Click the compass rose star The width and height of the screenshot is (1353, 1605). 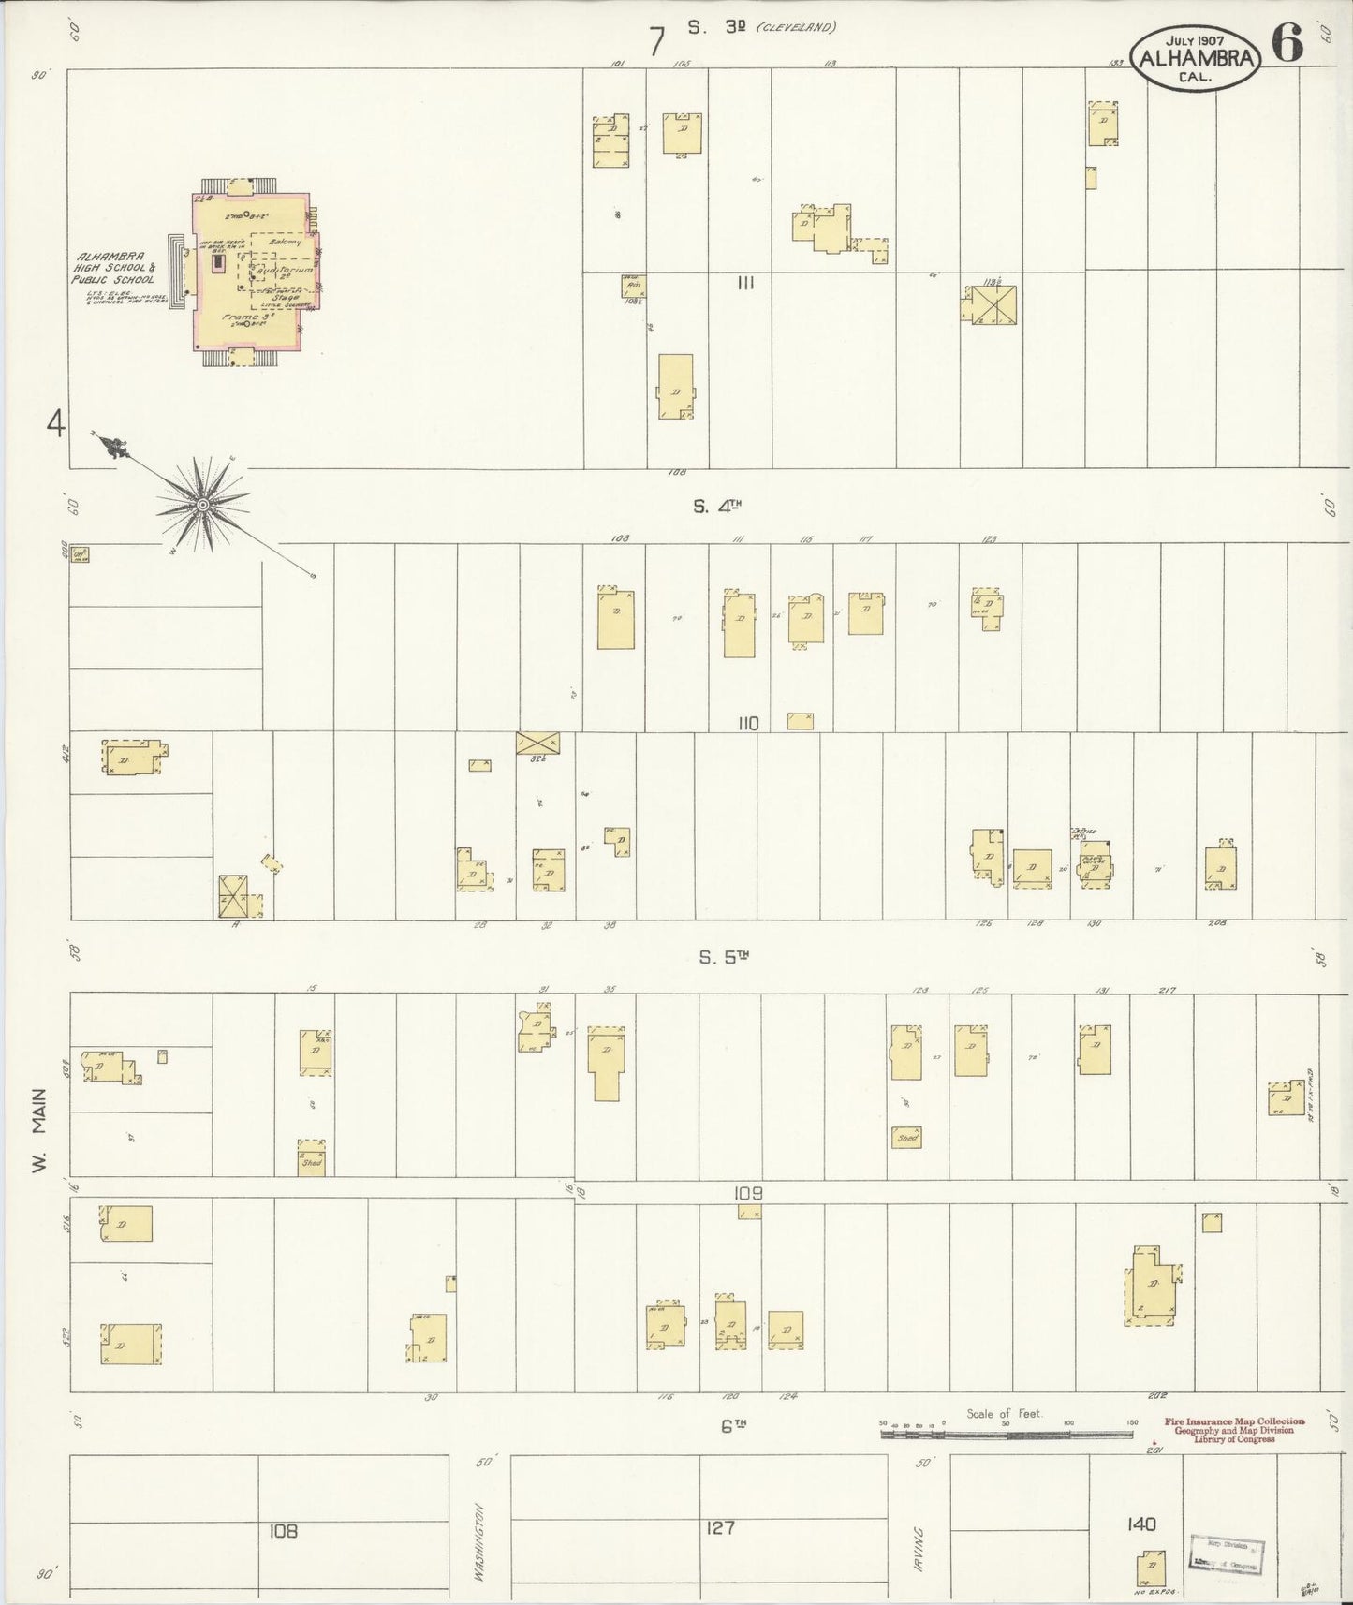coord(200,505)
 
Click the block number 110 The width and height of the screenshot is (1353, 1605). coord(747,723)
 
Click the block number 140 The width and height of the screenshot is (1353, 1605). coord(1141,1524)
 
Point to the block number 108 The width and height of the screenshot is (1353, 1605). coord(283,1531)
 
